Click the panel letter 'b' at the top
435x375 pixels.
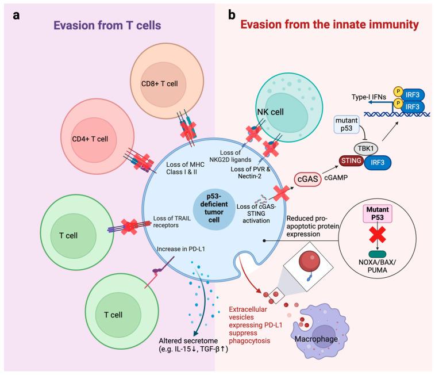[x=232, y=16]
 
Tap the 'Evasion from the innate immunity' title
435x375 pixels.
[x=328, y=25]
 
